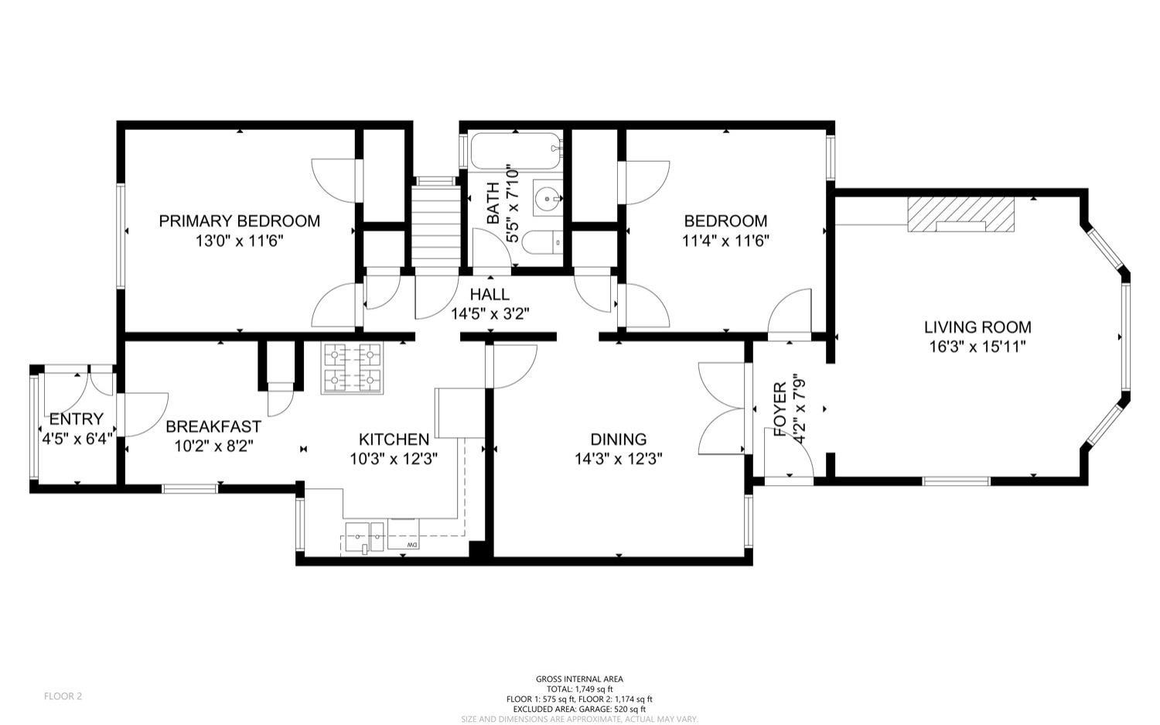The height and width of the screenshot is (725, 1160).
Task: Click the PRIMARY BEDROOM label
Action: (x=239, y=221)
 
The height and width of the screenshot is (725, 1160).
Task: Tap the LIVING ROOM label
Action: (x=977, y=327)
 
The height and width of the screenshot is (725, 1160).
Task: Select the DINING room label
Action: (x=619, y=439)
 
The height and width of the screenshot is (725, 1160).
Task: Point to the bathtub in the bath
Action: (x=516, y=152)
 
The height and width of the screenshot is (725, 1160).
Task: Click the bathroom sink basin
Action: (x=548, y=197)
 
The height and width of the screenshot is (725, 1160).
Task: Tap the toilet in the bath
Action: (x=542, y=242)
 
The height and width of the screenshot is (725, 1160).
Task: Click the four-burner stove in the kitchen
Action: (x=352, y=368)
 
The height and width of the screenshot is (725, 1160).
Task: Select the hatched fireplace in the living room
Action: (x=960, y=214)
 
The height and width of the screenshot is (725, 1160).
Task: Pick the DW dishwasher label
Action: (x=412, y=545)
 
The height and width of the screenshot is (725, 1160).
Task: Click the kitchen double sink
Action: (x=365, y=538)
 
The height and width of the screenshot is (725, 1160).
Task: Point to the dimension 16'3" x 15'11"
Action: (x=977, y=347)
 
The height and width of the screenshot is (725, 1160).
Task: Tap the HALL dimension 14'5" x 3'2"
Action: (x=490, y=314)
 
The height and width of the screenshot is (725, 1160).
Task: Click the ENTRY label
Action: (x=77, y=419)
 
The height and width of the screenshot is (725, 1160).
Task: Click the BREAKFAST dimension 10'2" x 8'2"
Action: (x=213, y=446)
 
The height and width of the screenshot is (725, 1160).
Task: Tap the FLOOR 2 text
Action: (x=63, y=696)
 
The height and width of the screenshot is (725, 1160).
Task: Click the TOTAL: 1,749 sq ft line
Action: (x=579, y=689)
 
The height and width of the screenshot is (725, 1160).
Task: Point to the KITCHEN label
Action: (x=394, y=439)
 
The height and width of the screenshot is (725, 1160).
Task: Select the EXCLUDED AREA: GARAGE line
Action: (x=579, y=709)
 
